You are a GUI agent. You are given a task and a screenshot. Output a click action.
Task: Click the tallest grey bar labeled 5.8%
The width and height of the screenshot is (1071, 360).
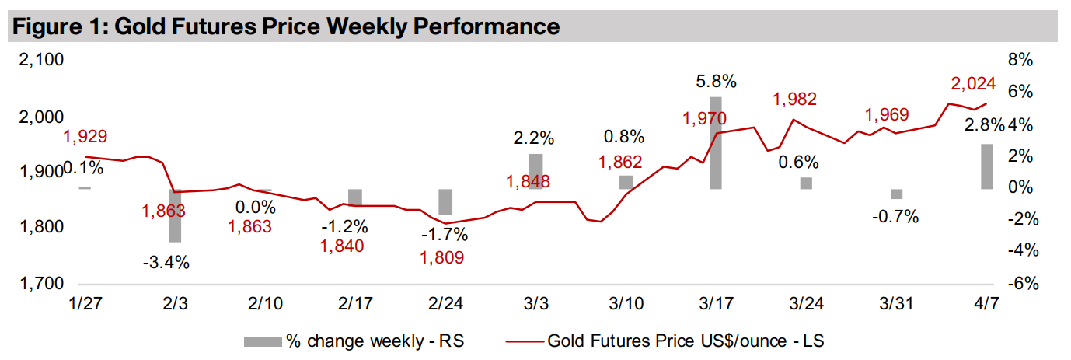click(716, 143)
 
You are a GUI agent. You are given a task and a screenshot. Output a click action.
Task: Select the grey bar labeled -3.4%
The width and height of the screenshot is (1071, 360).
click(176, 215)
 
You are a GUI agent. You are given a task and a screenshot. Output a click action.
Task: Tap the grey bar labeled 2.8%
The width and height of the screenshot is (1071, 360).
click(986, 166)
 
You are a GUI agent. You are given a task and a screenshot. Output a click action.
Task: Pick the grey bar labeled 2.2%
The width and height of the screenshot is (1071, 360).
click(536, 171)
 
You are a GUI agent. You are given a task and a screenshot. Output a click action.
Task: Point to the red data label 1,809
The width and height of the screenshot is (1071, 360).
click(441, 257)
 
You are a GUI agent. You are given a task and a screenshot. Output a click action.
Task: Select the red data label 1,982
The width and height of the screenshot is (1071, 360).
click(794, 100)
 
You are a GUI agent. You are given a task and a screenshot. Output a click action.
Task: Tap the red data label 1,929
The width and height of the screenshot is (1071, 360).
click(85, 137)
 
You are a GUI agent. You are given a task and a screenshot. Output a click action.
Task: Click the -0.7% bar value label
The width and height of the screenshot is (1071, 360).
click(896, 217)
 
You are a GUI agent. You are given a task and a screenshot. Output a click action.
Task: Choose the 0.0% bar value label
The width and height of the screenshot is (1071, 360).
click(256, 208)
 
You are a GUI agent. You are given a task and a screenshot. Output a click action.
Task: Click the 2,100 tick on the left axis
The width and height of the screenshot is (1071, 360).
click(40, 61)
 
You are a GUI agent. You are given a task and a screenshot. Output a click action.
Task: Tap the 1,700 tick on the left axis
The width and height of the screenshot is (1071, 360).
click(40, 284)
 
